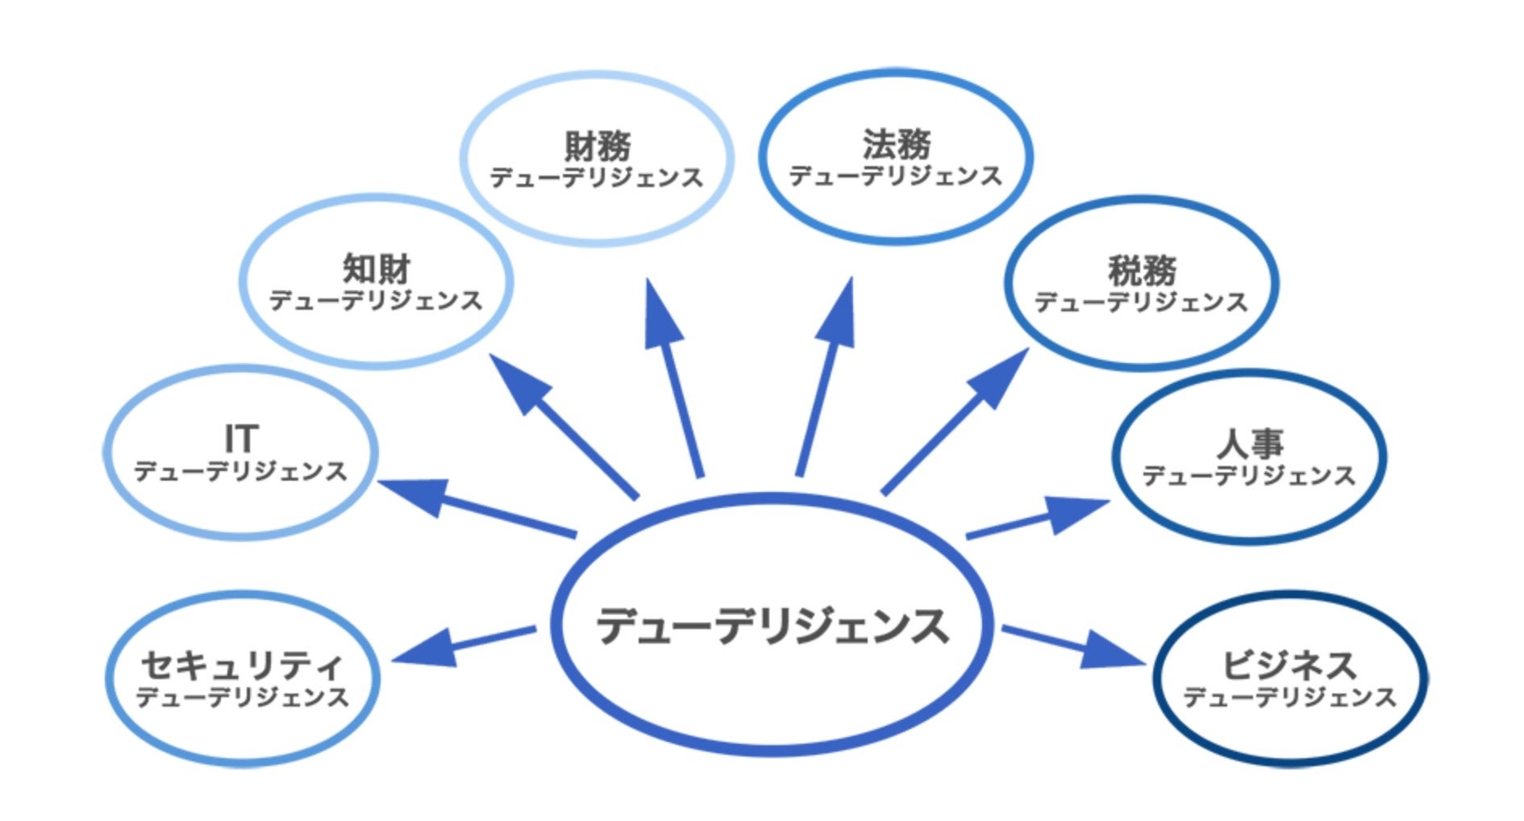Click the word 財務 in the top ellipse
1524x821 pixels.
point(598,146)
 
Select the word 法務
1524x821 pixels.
point(897,144)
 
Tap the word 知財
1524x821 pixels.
point(377,269)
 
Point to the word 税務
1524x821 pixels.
point(1142,270)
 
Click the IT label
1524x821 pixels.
point(240,440)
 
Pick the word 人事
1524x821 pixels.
point(1249,444)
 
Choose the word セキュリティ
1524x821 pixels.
point(242,665)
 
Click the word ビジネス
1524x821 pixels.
point(1289,665)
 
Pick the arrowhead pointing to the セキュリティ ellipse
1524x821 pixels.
point(428,648)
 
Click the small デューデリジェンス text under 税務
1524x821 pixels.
point(1142,302)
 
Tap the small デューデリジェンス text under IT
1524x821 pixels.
point(240,471)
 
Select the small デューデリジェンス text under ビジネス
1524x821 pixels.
point(1289,697)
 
